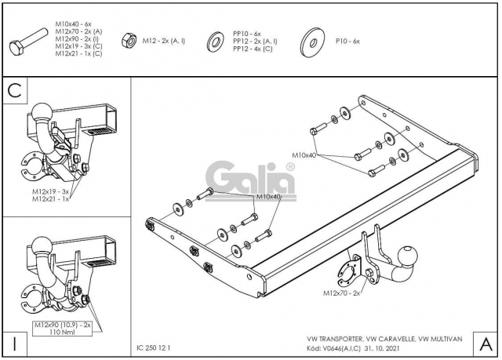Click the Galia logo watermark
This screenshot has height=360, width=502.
[250, 181]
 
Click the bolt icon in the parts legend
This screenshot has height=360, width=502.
[29, 42]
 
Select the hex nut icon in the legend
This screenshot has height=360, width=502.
[129, 41]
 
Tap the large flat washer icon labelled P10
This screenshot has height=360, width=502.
[312, 42]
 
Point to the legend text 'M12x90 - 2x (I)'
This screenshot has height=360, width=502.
[77, 38]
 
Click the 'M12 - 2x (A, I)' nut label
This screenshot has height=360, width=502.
[164, 41]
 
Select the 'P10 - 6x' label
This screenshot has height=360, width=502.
[347, 42]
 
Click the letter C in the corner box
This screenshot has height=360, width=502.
[14, 90]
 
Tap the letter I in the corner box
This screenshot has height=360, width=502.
[14, 344]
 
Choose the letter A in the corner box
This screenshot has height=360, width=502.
[486, 344]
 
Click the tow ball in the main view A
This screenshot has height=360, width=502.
[408, 256]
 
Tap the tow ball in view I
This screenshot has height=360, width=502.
[42, 246]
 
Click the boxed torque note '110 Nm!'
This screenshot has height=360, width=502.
[62, 333]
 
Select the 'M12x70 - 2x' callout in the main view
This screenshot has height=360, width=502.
[341, 293]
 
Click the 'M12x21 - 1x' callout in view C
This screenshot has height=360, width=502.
[50, 198]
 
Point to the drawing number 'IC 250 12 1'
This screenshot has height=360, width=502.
[154, 347]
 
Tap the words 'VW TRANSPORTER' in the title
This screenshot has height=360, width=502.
[335, 339]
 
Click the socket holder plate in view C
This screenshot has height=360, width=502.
[31, 166]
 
